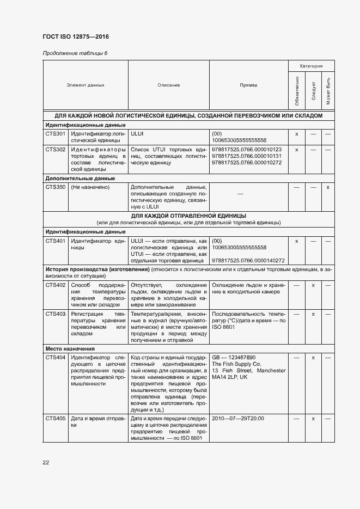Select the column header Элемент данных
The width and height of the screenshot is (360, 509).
click(86, 85)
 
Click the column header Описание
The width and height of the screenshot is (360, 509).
click(169, 85)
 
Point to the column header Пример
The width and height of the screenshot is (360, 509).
click(249, 85)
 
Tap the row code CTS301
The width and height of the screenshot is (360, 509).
click(56, 133)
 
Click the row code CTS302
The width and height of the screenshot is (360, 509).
click(56, 149)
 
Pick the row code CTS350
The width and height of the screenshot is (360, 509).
click(56, 187)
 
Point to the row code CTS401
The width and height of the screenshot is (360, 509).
click(56, 241)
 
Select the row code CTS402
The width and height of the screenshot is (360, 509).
click(56, 285)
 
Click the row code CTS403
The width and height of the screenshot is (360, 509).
click(56, 314)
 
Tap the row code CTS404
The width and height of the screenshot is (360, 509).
click(56, 357)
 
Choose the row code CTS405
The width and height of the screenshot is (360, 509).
click(56, 418)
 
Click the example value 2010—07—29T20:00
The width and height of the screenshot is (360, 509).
click(238, 418)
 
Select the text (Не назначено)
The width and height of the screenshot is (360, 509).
click(90, 187)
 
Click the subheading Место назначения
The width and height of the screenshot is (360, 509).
click(70, 348)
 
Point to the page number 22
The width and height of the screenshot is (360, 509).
click(46, 462)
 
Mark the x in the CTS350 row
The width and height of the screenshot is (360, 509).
click(328, 187)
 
